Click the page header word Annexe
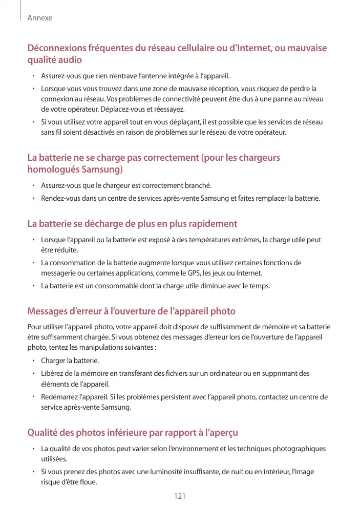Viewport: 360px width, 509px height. [40, 18]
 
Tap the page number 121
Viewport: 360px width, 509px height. [180, 496]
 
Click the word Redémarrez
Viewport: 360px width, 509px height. [59, 397]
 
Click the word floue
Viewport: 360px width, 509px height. [87, 482]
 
